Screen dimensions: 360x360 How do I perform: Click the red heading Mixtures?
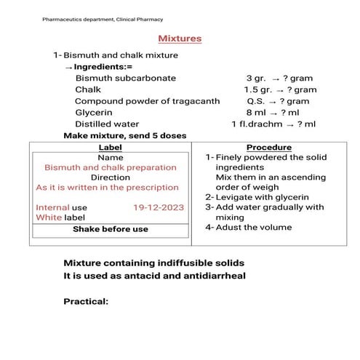pos(180,39)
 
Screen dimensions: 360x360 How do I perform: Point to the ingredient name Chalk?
pos(88,89)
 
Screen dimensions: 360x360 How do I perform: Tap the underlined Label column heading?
pos(110,147)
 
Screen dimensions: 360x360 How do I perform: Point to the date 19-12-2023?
pos(159,207)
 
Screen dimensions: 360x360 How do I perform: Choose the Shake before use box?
pos(111,229)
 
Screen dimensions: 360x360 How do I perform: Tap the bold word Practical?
pos(86,301)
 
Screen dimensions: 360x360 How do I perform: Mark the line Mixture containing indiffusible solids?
pos(154,263)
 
